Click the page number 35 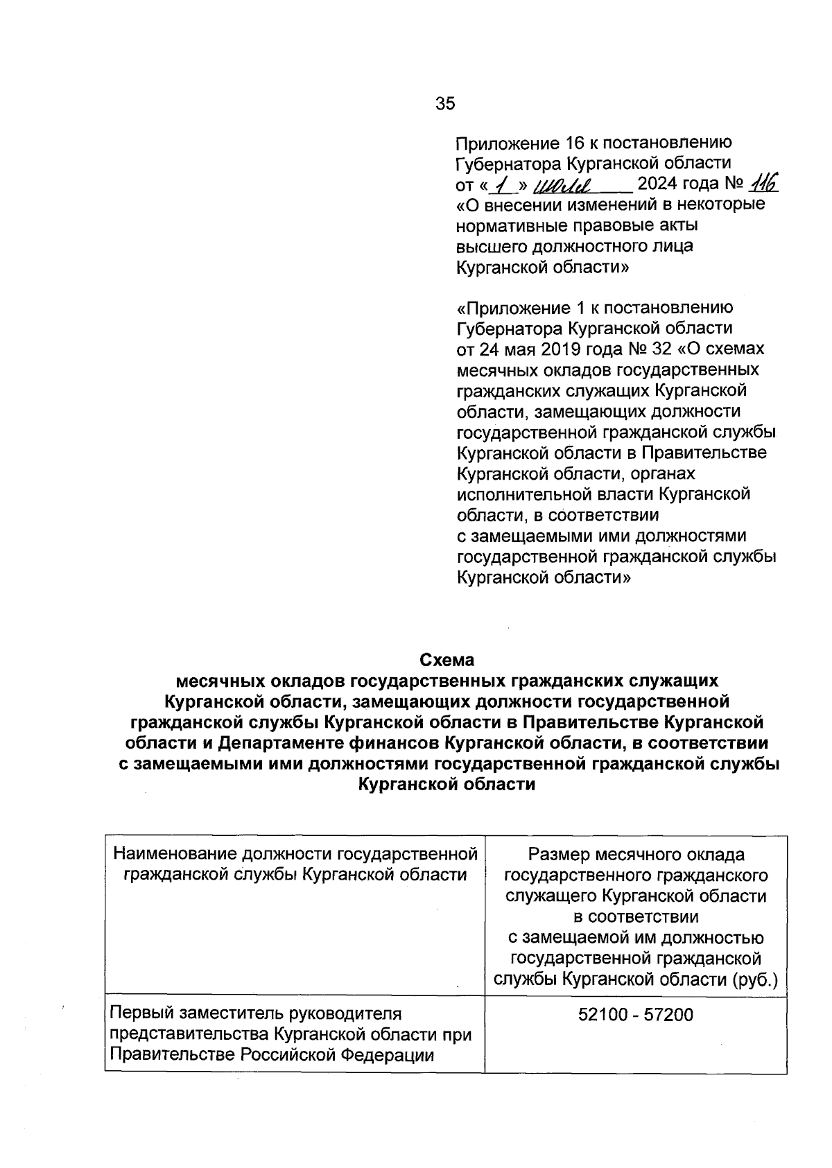445,103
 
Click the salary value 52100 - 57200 635,1015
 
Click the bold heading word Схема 446,659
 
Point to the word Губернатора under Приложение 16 507,164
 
